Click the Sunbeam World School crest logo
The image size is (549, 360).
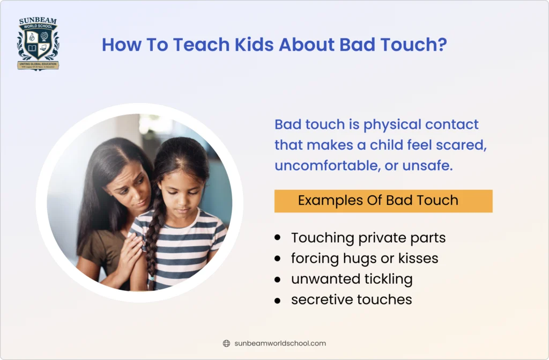pos(38,45)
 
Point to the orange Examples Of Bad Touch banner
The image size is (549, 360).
pos(383,201)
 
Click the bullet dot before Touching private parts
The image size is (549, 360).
pos(277,237)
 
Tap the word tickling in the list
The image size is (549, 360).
pos(387,279)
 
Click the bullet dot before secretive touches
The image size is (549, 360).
pos(277,300)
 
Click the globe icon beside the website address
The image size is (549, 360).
pos(226,343)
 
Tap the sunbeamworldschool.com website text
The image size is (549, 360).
pos(280,343)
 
